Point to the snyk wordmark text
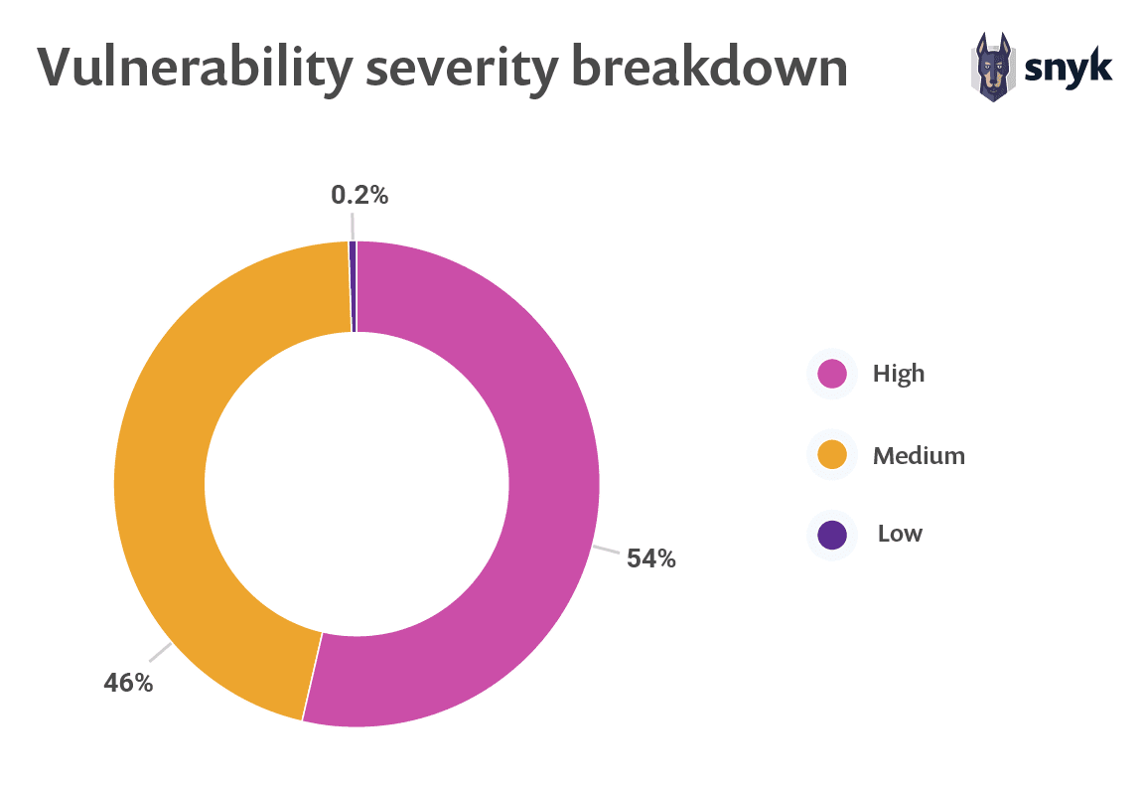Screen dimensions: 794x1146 [1068, 67]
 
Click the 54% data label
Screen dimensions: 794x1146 [650, 559]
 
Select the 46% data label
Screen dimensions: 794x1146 [128, 684]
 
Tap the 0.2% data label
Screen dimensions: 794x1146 [359, 196]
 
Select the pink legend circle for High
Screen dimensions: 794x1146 [832, 374]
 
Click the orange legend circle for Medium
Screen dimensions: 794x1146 [832, 455]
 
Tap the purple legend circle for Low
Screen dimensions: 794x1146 [832, 534]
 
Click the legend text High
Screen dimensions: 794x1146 [899, 374]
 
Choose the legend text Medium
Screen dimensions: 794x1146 [919, 455]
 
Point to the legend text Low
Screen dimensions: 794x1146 [900, 534]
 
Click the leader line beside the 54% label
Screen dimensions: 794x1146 [607, 550]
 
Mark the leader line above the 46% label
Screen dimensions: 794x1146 [160, 652]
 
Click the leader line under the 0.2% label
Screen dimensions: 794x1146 [351, 226]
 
